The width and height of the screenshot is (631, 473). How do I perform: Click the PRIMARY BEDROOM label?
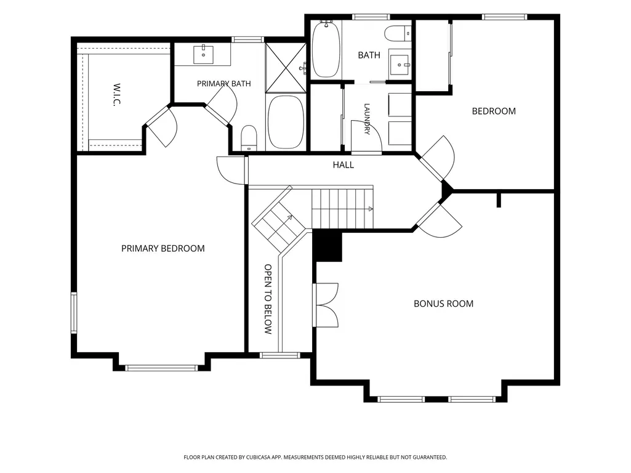coord(163,248)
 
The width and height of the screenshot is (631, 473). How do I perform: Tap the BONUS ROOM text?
coord(443,304)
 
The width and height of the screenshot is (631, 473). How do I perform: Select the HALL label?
coord(344,164)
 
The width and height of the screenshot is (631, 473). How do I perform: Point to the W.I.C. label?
coord(117,95)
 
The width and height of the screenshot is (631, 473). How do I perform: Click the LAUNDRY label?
coord(367,119)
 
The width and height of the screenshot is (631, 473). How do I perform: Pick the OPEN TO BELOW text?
coord(268,299)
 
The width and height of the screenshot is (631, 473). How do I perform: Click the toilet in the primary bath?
coord(249,138)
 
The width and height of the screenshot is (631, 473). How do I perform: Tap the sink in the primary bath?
coord(203,54)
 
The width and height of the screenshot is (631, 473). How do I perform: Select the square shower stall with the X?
coord(286,68)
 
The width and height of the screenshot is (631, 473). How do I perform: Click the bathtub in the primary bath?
coord(286,122)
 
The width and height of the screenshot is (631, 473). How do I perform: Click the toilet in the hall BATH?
coord(398,33)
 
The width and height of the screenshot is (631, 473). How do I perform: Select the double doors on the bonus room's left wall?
coord(326,305)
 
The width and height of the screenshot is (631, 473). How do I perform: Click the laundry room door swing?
coord(366,137)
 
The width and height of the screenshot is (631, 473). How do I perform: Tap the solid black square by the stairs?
coord(327,245)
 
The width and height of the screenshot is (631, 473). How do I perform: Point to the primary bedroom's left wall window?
coord(74,313)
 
